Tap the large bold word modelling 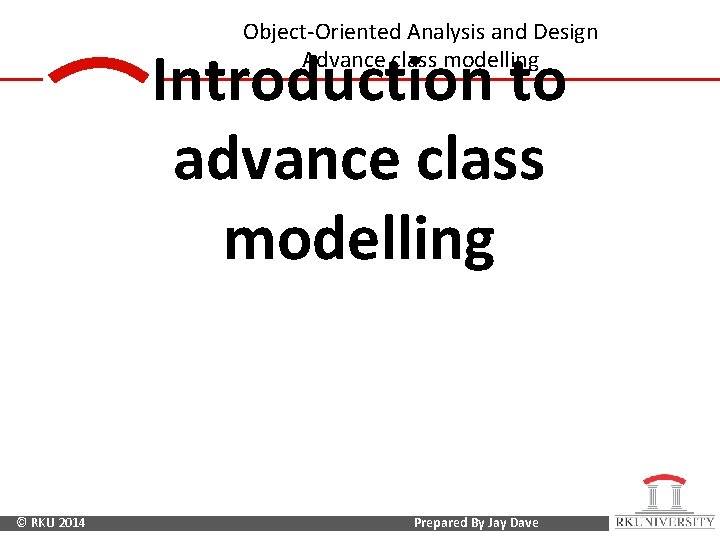tap(359, 239)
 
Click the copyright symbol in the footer tap(22, 523)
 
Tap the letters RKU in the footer tap(43, 523)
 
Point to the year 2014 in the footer tap(72, 523)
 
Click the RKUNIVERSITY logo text tap(664, 522)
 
